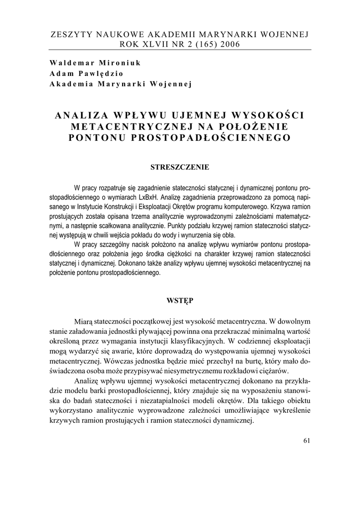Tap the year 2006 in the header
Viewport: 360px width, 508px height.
pos(227,44)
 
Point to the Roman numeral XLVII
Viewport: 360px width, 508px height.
pos(151,44)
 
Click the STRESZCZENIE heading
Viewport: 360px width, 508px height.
pos(180,167)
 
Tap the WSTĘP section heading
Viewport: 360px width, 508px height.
pos(180,300)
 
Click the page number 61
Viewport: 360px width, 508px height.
pos(305,441)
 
